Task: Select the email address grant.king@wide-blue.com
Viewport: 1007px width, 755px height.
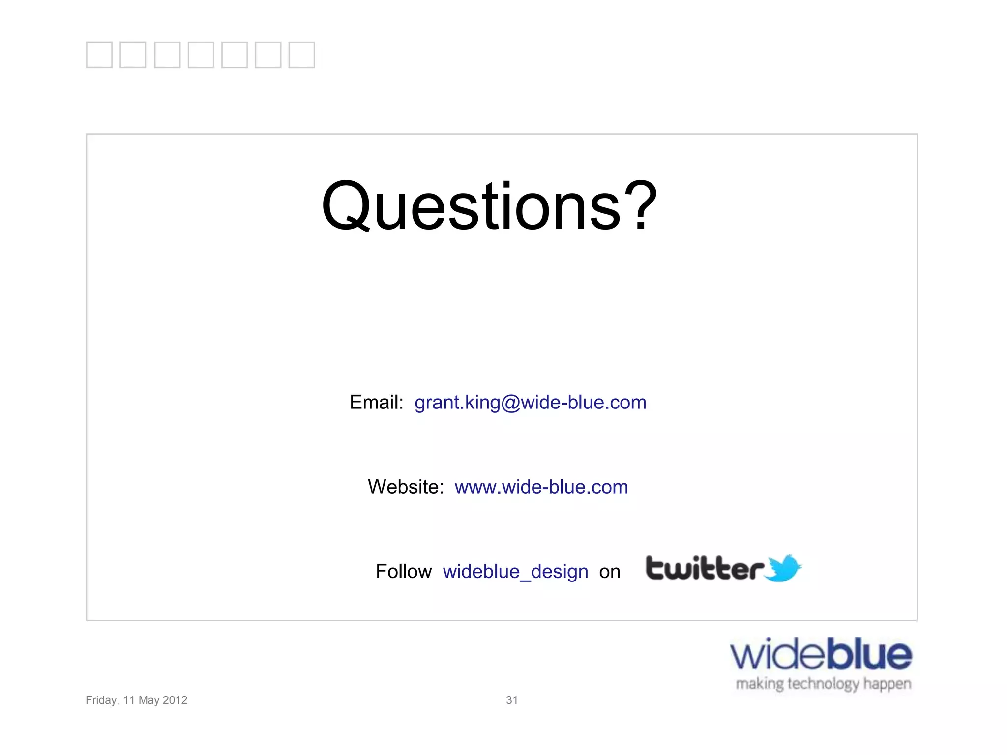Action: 530,403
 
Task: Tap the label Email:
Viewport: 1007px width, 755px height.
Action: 376,403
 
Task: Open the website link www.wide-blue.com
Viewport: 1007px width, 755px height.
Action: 541,487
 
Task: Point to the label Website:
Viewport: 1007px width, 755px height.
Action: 406,487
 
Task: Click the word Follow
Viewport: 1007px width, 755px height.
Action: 404,572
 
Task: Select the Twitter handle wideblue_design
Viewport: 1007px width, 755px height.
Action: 515,572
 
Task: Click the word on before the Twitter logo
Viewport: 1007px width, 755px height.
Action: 610,572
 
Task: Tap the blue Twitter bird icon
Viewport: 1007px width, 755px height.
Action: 784,569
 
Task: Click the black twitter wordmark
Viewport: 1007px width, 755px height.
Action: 704,569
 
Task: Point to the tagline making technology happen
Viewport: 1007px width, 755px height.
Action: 823,684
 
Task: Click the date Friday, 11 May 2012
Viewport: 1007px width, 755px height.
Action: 136,700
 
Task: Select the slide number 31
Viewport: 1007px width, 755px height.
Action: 512,700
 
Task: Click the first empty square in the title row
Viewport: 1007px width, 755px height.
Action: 99,55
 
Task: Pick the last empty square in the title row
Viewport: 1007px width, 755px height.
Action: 301,55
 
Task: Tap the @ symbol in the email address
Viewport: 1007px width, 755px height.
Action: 510,403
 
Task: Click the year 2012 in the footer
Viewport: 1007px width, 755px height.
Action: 175,700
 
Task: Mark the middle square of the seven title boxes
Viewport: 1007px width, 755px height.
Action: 201,55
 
